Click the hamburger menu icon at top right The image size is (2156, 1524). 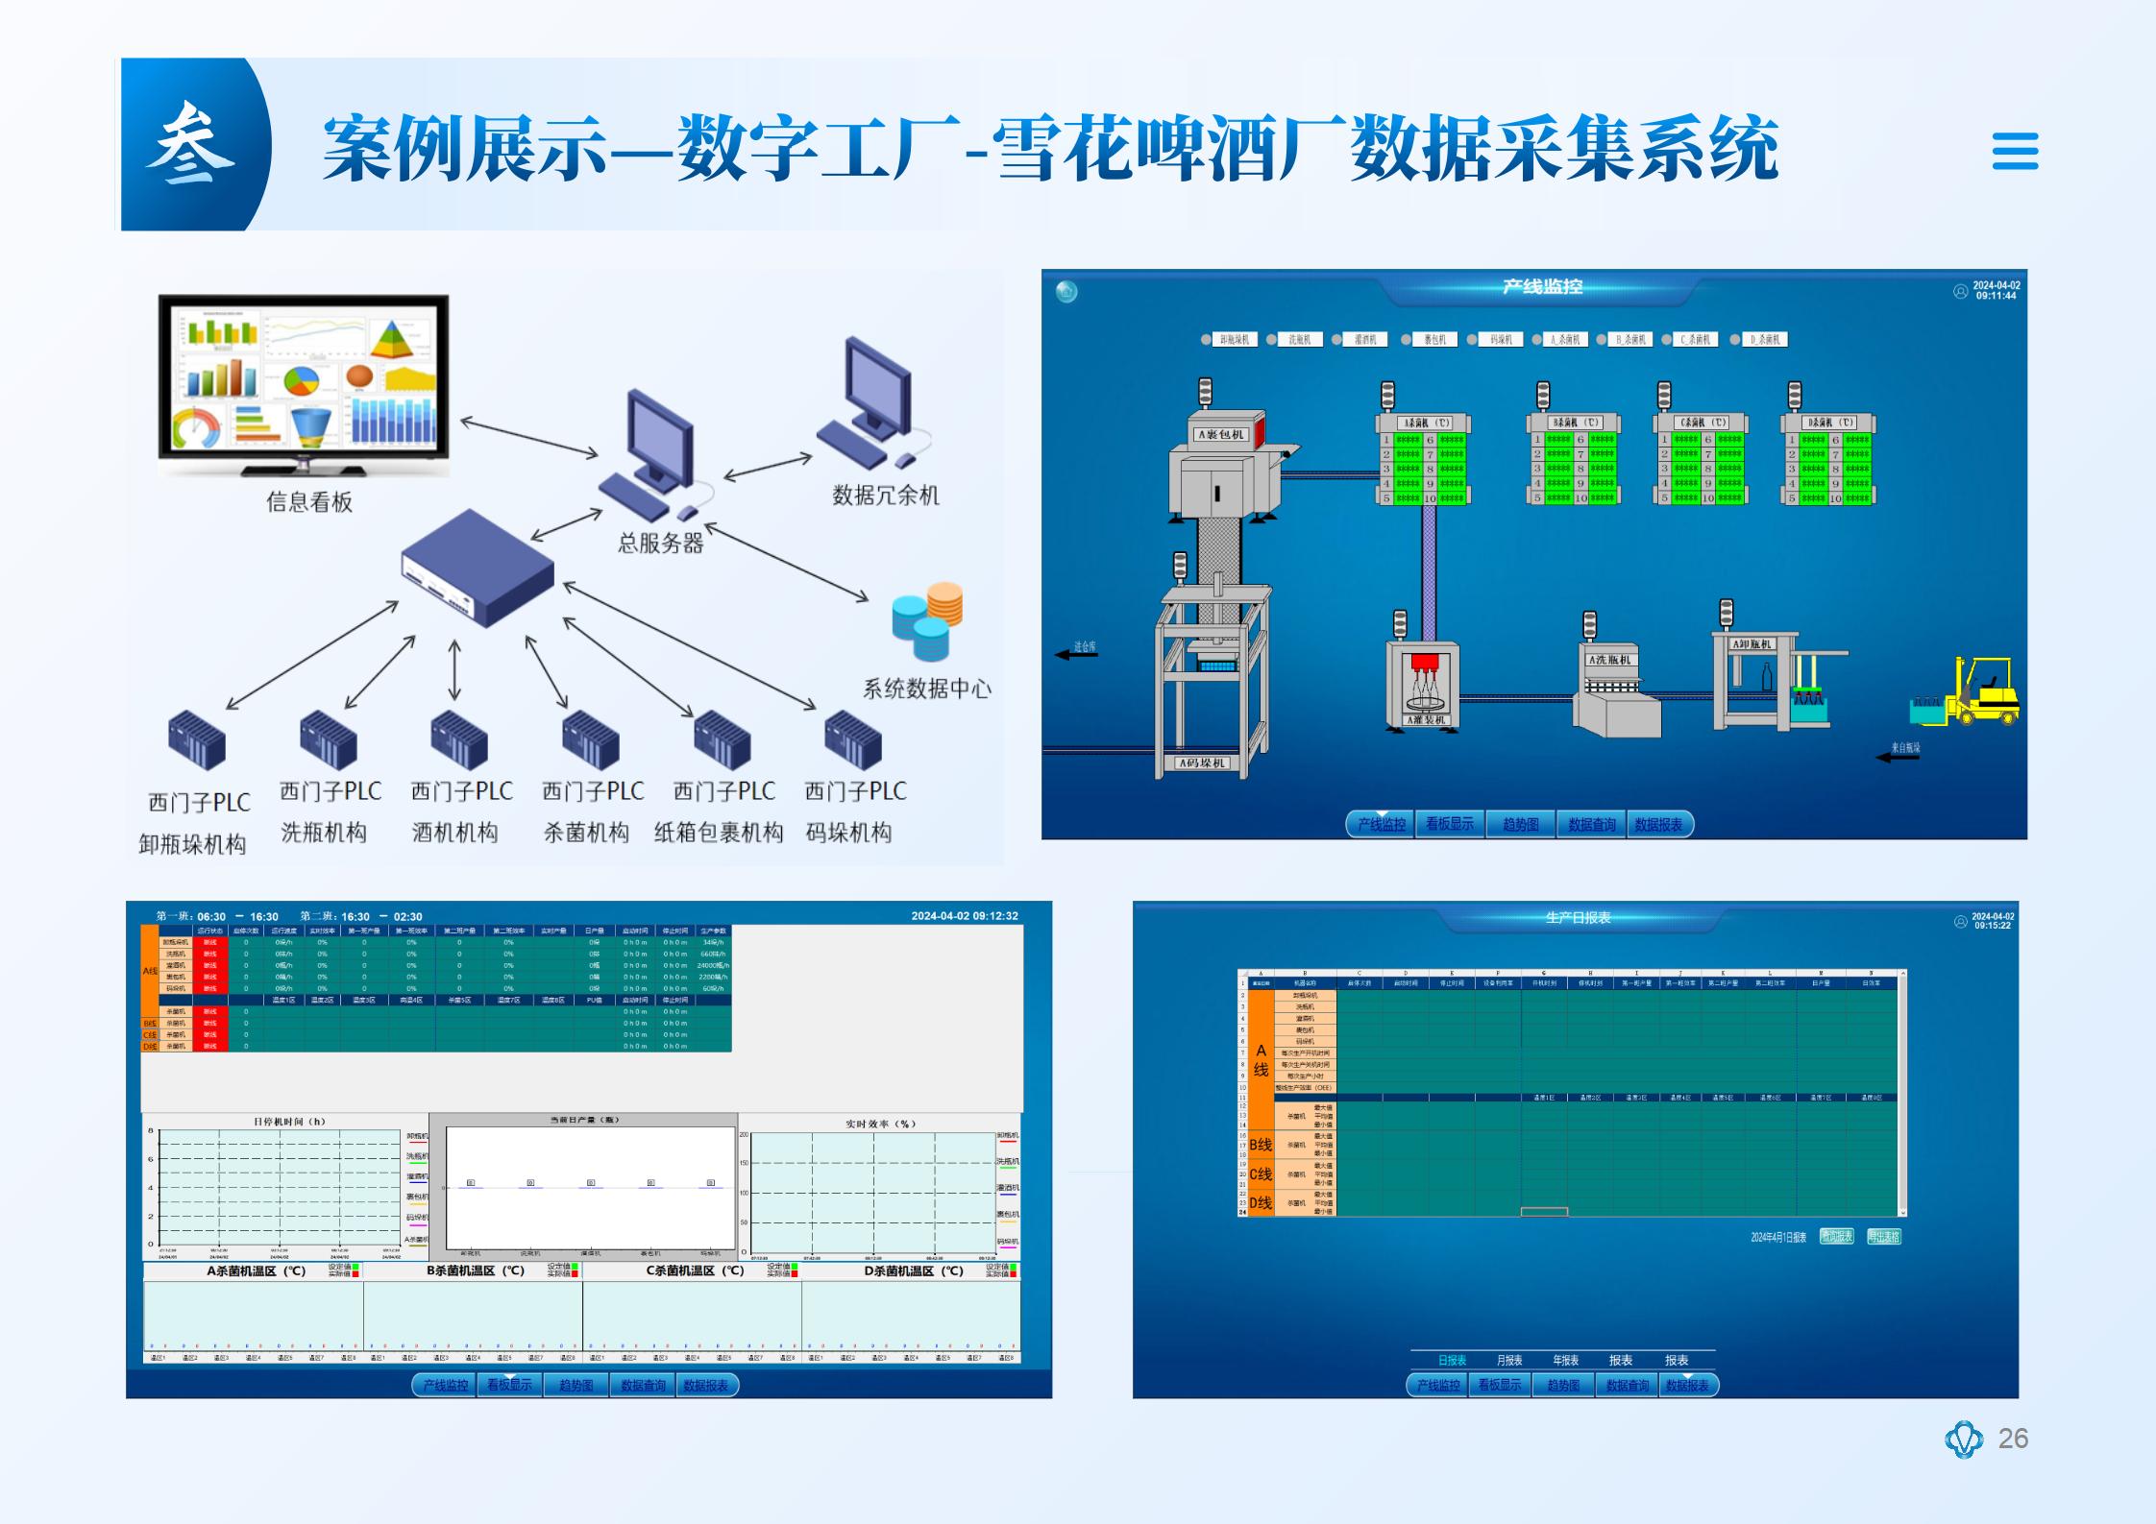[2015, 151]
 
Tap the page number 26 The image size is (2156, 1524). [2013, 1438]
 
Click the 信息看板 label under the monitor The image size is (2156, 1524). [309, 502]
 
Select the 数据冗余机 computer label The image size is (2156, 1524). [885, 496]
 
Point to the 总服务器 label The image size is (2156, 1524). [660, 544]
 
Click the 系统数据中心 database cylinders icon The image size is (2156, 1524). [927, 619]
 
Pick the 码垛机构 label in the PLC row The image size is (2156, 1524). [848, 833]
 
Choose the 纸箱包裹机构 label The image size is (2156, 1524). [719, 833]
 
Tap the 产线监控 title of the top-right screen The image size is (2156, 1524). [1542, 286]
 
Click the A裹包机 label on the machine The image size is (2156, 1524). [1220, 434]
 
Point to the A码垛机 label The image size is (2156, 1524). [1201, 763]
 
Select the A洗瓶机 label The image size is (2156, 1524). [1609, 660]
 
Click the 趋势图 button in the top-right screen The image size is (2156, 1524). [1520, 824]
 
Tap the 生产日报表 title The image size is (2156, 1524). [1578, 918]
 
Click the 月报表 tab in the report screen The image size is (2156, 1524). [1509, 1360]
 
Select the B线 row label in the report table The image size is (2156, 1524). [1261, 1145]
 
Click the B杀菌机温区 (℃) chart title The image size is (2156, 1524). [476, 1270]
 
